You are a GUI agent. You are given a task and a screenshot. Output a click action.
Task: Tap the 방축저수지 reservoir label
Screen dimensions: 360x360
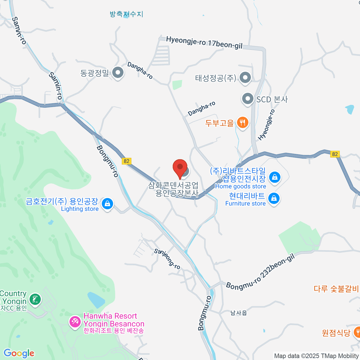[126, 14]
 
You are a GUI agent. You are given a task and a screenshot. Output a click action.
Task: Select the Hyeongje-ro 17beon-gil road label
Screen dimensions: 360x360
[204, 43]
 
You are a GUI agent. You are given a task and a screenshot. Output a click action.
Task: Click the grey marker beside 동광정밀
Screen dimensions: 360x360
[118, 73]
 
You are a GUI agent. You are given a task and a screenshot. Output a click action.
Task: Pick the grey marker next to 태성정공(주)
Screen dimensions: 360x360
[245, 77]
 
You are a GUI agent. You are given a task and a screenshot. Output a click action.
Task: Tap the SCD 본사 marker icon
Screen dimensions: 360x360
[248, 99]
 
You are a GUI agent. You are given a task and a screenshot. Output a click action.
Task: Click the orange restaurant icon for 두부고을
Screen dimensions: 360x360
[242, 122]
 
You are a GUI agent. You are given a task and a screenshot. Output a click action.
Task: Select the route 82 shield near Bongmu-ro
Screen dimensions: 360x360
[127, 161]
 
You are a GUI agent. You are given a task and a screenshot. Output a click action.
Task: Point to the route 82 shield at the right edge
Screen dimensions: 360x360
[335, 154]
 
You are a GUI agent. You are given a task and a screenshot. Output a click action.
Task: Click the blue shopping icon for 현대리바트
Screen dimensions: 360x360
[274, 198]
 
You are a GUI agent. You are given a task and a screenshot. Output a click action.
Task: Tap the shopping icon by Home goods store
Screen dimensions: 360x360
[274, 177]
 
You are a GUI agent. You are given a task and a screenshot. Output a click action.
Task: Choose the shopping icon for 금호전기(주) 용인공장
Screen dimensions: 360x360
[107, 204]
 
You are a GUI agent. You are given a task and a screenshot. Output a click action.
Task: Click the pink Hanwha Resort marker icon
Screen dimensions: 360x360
[74, 322]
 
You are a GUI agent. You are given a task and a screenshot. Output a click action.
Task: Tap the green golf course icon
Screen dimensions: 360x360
[35, 299]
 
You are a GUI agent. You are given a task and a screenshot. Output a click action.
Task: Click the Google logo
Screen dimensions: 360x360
[19, 353]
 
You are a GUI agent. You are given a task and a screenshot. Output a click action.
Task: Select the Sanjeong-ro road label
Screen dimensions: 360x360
[167, 259]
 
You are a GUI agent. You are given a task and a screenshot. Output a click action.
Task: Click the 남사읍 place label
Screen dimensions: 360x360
[239, 313]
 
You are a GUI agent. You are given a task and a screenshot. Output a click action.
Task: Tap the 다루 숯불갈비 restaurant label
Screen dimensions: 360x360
[336, 289]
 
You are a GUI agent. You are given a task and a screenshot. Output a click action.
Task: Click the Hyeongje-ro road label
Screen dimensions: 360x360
[266, 125]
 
